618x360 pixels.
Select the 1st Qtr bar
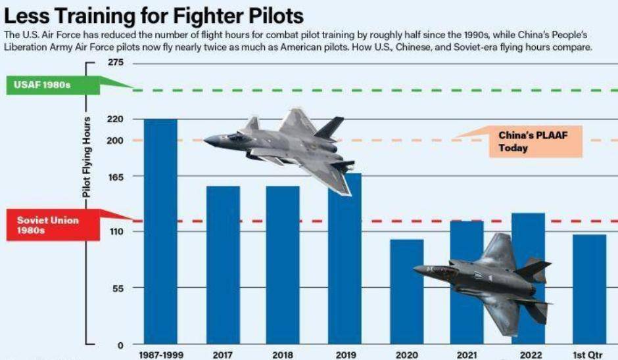pos(589,289)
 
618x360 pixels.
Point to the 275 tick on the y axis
pos(114,63)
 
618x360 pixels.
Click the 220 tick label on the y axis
pos(114,119)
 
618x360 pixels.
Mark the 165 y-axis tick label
pos(114,176)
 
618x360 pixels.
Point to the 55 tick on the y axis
pos(117,288)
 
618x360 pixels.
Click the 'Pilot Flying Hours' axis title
pos(85,158)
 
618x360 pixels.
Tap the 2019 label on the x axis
pos(346,355)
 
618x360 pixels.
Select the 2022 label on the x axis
pos(529,355)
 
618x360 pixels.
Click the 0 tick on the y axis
pos(120,344)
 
